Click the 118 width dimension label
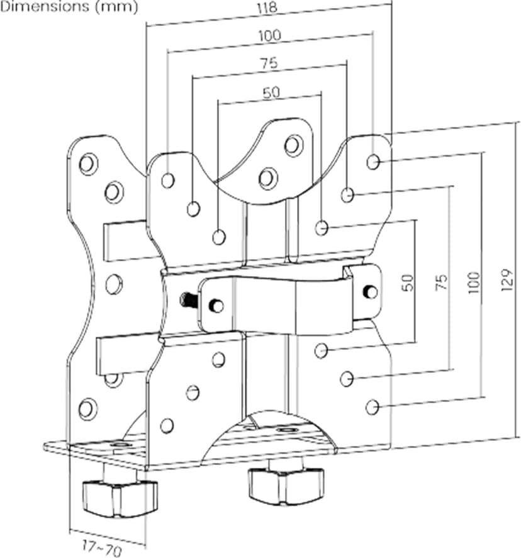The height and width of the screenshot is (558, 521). coord(267,8)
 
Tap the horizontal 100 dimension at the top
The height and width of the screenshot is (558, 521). coord(269,36)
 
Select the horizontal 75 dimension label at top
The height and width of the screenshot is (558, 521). coord(269,64)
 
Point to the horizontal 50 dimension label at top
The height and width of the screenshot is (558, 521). coord(271,92)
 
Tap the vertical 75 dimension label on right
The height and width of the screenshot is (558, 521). coord(441,282)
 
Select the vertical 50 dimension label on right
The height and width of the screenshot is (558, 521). coord(408,282)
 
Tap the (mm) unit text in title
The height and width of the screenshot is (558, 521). coord(116,7)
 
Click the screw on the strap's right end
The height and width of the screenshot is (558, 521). coord(370,291)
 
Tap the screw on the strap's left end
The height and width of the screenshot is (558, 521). coord(216,306)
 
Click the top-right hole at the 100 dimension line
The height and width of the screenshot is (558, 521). coord(373,162)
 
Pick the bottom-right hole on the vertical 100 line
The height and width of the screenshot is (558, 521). coord(373,407)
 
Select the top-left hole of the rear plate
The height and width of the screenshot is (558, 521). coord(88,164)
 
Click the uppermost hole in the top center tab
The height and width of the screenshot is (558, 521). coord(294,145)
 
